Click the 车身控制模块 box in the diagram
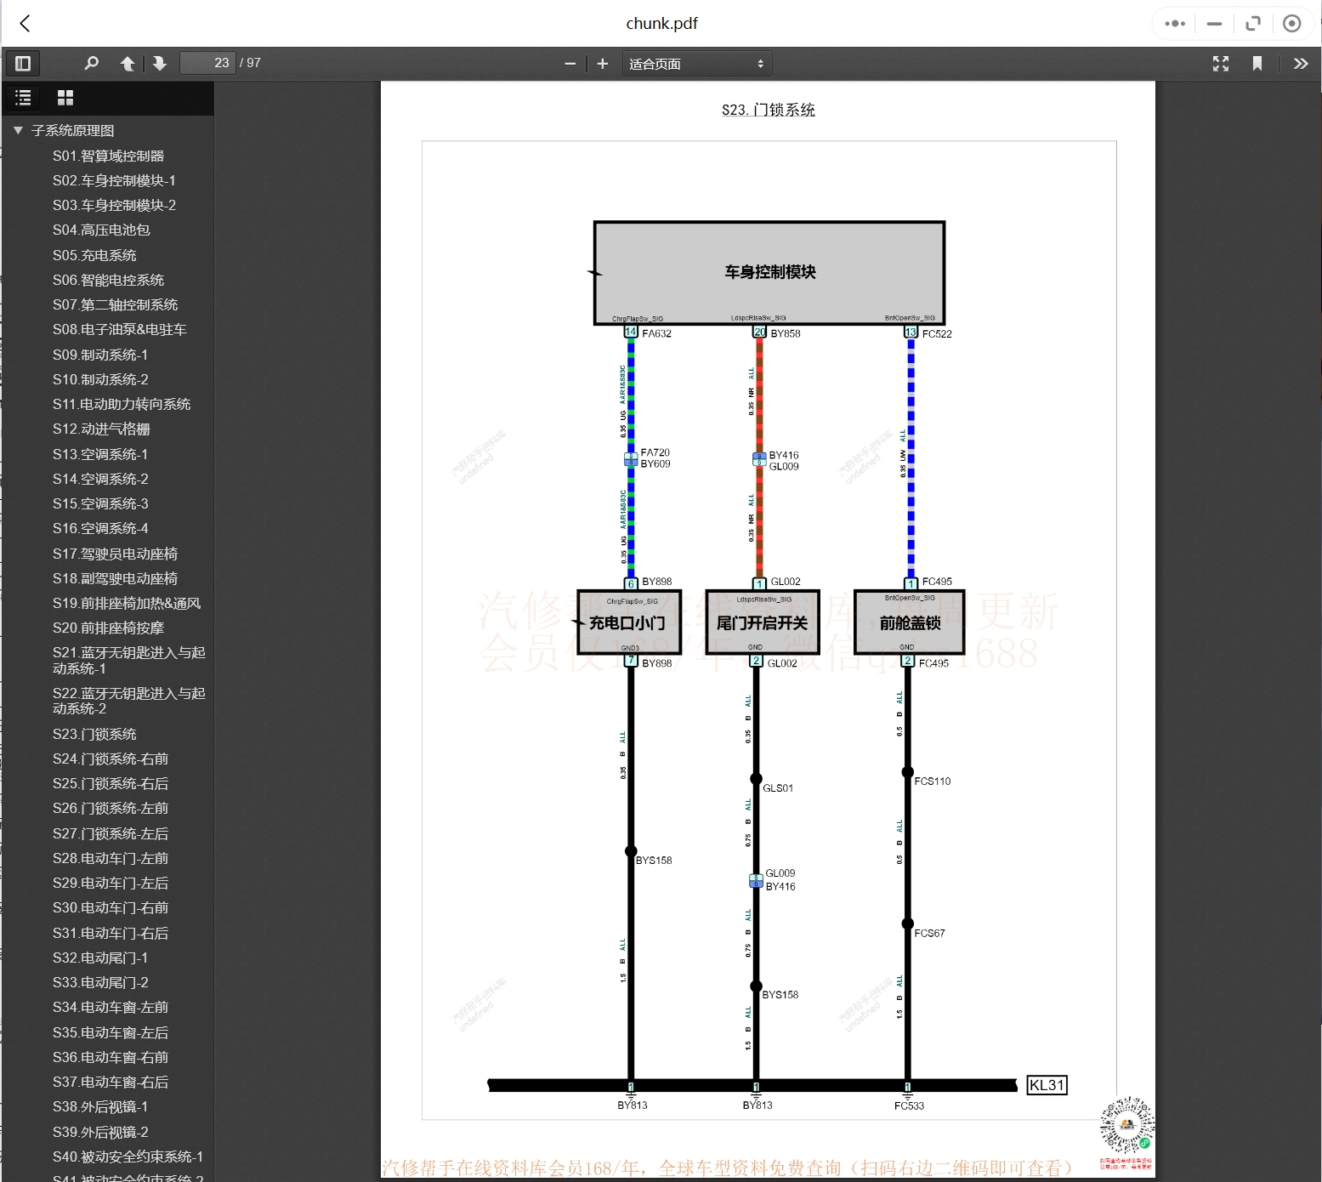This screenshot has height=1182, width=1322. (x=769, y=272)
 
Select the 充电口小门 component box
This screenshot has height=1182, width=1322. (x=627, y=622)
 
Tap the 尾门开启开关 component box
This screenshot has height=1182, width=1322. (x=762, y=622)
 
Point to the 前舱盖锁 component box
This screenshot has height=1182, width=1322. (x=909, y=622)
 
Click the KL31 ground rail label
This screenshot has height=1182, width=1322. (x=1046, y=1085)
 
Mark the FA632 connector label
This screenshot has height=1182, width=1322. (x=656, y=333)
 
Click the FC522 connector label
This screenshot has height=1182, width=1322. (x=937, y=333)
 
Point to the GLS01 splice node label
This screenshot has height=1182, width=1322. (x=778, y=788)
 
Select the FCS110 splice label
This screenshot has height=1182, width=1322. (x=933, y=781)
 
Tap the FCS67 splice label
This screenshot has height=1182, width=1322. (x=929, y=933)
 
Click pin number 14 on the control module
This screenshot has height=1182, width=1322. (x=631, y=332)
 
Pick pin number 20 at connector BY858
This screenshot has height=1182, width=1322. (x=759, y=332)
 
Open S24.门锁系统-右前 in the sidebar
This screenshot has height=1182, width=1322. (x=111, y=759)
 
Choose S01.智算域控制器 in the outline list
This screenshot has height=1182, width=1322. (x=108, y=156)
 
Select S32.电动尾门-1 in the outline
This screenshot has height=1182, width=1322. (x=100, y=958)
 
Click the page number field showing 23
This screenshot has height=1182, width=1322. (x=207, y=63)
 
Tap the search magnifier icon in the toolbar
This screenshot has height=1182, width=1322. (x=92, y=63)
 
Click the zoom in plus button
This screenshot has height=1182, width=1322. (x=603, y=64)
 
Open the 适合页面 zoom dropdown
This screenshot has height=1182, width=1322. (x=696, y=64)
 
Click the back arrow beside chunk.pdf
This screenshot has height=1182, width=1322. (x=25, y=23)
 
